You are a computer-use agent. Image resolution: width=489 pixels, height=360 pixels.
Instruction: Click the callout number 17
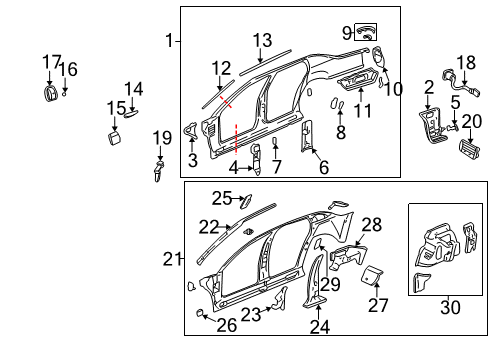(51, 62)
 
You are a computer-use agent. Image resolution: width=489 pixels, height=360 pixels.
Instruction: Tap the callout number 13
(262, 40)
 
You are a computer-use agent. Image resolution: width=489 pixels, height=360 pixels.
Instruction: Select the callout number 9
(347, 32)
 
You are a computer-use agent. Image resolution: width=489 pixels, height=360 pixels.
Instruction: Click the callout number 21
(171, 260)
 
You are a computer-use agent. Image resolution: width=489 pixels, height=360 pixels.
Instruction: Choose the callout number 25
(221, 197)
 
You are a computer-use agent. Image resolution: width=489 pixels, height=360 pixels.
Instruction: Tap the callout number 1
(169, 41)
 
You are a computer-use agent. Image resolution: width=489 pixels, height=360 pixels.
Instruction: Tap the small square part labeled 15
(112, 136)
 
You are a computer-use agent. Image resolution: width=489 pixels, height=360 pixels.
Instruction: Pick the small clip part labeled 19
(160, 170)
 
